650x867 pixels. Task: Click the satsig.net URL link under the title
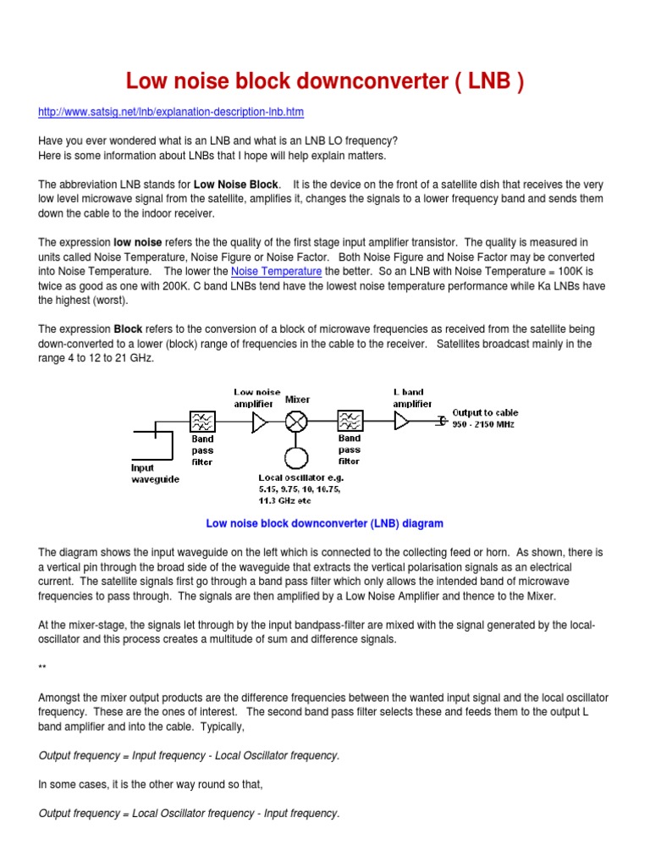(171, 112)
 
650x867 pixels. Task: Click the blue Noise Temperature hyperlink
(276, 271)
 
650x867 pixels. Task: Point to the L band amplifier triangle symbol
(402, 421)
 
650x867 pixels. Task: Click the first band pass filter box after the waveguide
(202, 421)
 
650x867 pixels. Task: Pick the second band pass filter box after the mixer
(350, 421)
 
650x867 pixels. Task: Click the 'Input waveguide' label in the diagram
(154, 472)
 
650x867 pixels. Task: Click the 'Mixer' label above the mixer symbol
(297, 399)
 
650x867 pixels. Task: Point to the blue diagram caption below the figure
(324, 523)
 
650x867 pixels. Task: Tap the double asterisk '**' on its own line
(42, 668)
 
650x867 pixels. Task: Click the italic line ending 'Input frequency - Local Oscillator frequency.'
(189, 755)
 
